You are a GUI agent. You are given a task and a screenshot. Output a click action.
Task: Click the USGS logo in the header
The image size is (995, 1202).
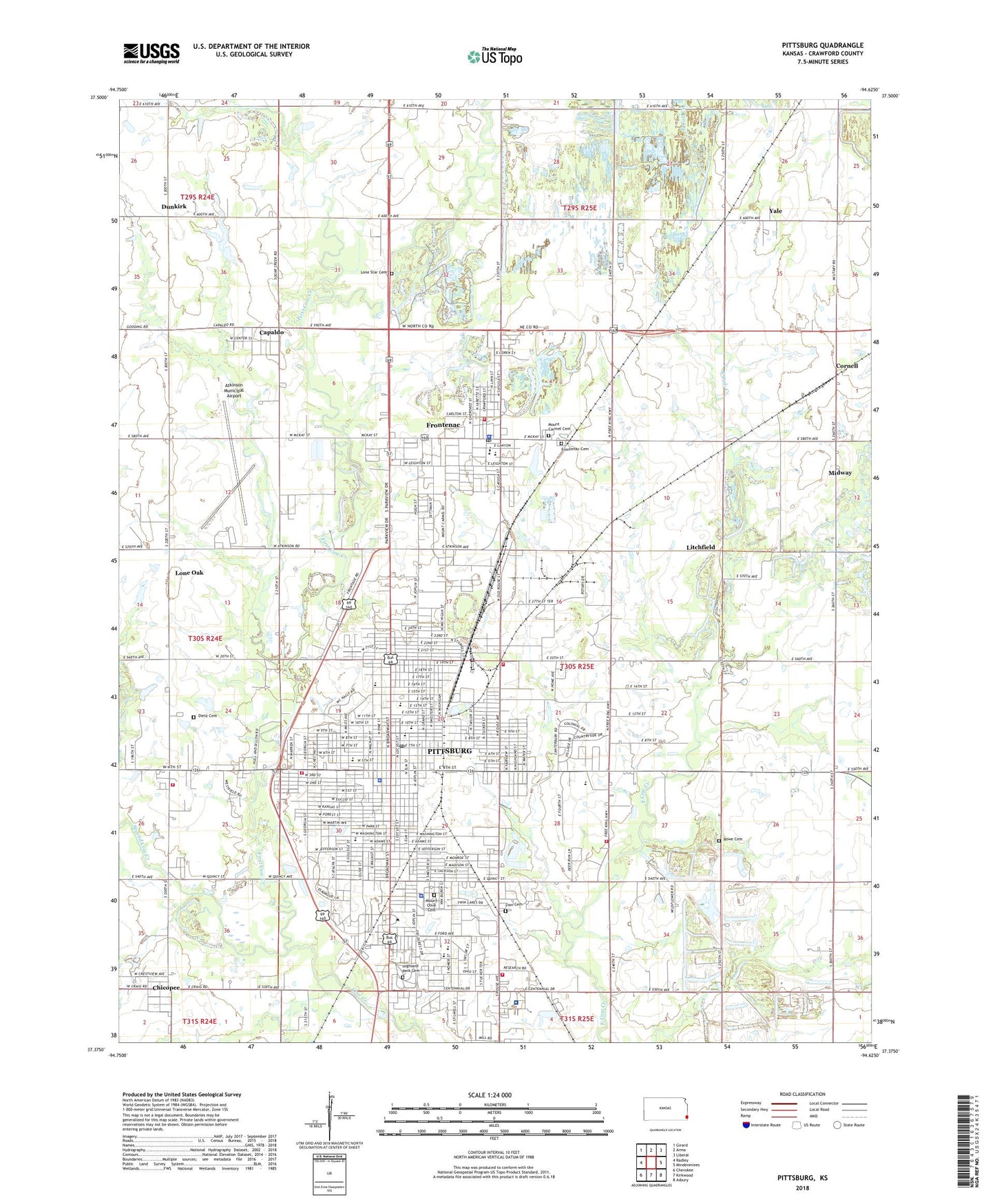(151, 53)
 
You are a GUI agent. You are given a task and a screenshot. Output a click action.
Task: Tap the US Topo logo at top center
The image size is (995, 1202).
(494, 56)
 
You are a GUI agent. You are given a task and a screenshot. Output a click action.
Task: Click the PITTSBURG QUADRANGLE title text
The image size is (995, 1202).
(822, 45)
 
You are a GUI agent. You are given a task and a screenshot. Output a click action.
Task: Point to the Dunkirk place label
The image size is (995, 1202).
(174, 207)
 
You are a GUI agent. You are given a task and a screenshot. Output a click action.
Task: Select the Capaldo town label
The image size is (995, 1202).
(271, 333)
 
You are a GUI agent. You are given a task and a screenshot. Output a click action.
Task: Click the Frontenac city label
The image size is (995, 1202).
(443, 425)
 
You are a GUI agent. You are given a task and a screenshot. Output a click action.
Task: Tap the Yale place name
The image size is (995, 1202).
(775, 211)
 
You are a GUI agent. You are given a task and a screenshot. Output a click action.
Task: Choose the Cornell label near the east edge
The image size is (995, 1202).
(846, 366)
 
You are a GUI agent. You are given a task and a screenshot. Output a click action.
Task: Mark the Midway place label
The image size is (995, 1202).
(840, 473)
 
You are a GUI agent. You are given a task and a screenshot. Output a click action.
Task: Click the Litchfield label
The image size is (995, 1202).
(700, 547)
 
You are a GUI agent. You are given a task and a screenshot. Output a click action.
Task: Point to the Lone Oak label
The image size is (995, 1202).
(189, 573)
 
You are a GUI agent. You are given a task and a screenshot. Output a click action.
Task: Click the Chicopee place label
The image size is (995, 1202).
(166, 988)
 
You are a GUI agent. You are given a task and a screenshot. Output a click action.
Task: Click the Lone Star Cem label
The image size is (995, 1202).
(374, 273)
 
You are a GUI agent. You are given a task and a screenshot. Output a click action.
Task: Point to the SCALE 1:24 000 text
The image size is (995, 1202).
(490, 1095)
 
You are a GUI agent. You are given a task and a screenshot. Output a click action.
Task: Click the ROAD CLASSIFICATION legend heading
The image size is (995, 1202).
(802, 1094)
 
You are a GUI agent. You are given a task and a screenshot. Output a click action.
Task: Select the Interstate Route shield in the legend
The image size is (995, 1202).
(746, 1126)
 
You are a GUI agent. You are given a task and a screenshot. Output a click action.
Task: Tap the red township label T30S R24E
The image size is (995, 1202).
(205, 639)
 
